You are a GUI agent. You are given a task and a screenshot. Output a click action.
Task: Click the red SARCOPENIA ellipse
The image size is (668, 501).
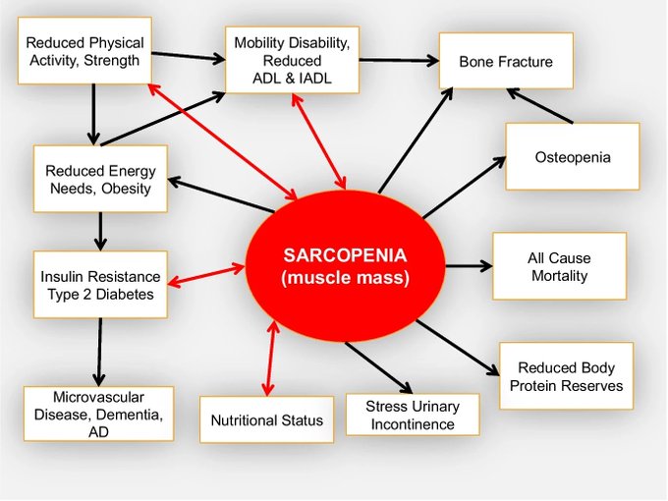(345, 266)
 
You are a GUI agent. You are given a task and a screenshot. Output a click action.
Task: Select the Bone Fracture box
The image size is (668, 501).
(506, 61)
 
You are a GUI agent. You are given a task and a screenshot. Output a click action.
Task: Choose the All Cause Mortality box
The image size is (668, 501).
(559, 266)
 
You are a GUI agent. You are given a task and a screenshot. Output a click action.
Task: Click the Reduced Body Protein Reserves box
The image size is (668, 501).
(565, 375)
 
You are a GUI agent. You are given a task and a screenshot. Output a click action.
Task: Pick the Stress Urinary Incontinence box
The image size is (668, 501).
(411, 415)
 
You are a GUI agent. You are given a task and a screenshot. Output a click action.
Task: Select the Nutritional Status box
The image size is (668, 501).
(266, 420)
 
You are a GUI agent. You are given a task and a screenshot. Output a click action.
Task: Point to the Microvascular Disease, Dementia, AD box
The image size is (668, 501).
(97, 413)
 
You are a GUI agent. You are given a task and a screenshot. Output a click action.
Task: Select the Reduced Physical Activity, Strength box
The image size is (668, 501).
(84, 51)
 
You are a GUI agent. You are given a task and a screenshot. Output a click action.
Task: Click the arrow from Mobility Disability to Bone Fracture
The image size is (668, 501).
(399, 61)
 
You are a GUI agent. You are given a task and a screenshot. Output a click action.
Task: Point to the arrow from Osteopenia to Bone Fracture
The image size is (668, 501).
(540, 105)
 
